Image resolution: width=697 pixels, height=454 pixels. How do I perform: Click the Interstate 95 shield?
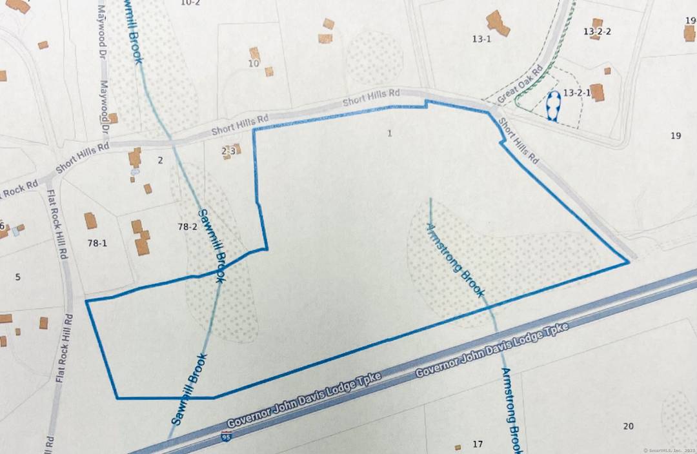[225, 437]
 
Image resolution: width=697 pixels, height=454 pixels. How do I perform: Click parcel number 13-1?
[481, 39]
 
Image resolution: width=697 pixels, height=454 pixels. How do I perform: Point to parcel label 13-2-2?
[597, 31]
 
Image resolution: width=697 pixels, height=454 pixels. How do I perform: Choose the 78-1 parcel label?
[96, 243]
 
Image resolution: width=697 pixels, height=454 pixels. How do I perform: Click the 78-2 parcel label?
[187, 226]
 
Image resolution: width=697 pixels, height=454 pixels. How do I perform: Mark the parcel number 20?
[628, 426]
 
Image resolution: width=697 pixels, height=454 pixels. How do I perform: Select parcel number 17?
[478, 444]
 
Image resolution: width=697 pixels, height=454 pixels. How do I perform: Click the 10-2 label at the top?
[190, 3]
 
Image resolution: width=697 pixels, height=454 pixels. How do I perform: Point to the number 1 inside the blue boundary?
[389, 133]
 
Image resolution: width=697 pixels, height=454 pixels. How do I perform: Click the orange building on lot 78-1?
[90, 221]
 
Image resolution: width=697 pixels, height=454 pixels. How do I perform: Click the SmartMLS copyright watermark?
[669, 449]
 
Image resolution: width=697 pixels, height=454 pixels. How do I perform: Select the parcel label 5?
[17, 277]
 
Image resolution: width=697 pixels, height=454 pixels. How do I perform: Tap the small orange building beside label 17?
[458, 447]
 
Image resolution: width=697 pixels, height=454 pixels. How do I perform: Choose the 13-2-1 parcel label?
[577, 93]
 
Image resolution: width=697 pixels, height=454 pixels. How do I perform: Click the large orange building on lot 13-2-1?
[597, 93]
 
